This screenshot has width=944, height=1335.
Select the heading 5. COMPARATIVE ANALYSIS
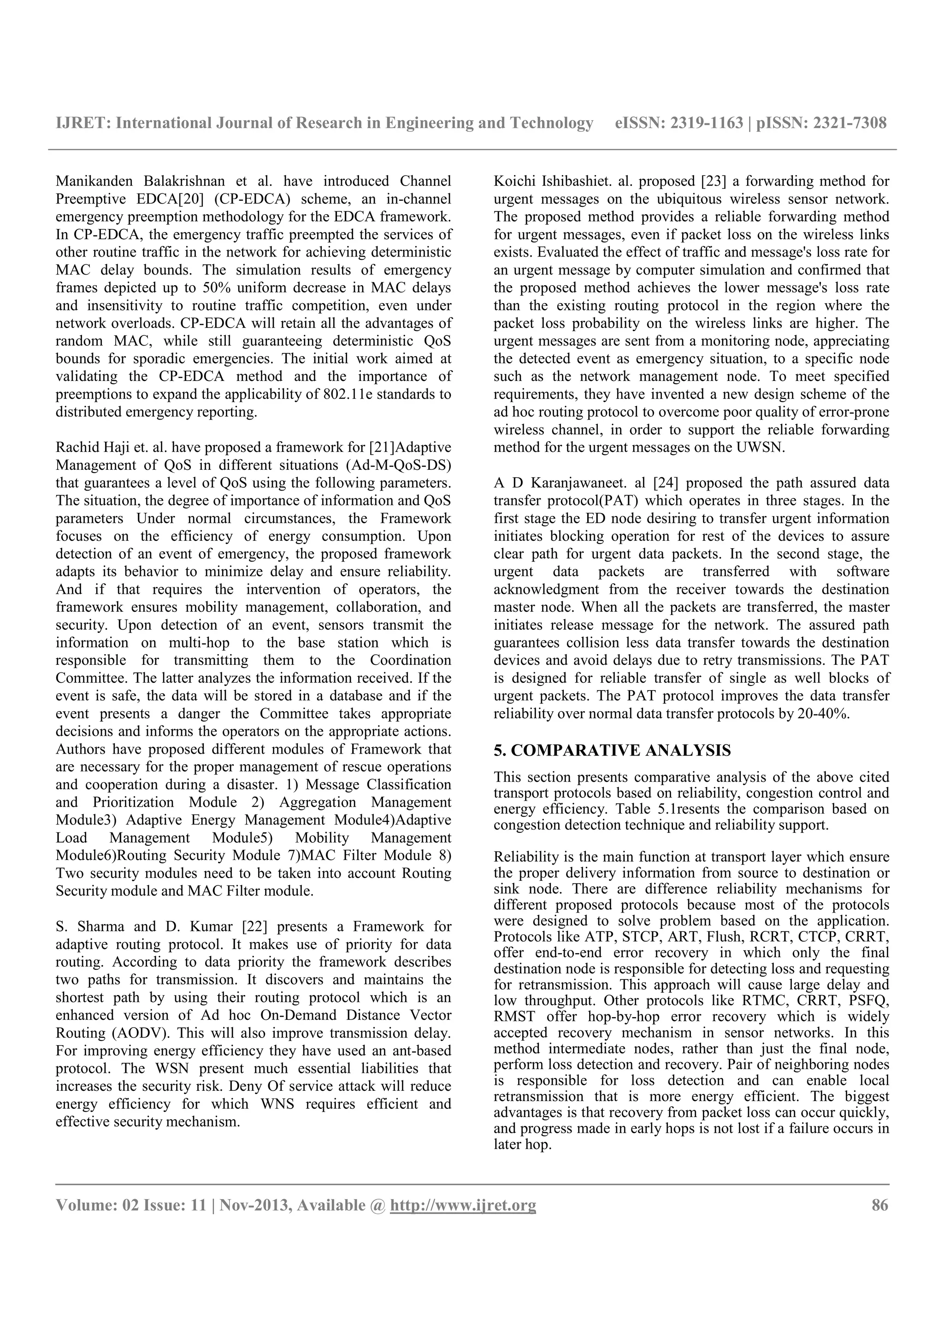(612, 750)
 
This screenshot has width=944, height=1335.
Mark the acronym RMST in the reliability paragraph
(513, 1016)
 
